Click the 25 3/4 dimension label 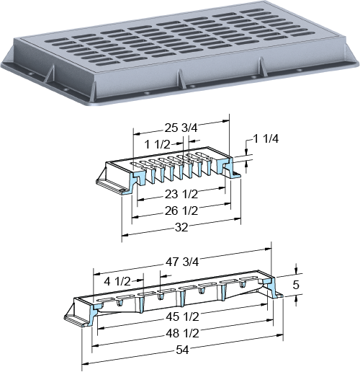click(181, 128)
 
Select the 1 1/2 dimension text click(157, 144)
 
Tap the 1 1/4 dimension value click(266, 138)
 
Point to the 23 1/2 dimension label click(181, 194)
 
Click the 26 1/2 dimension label click(181, 211)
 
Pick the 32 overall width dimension click(181, 227)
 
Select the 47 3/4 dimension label click(182, 262)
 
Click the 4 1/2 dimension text click(117, 281)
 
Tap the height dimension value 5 click(296, 285)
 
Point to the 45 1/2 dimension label click(182, 317)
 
